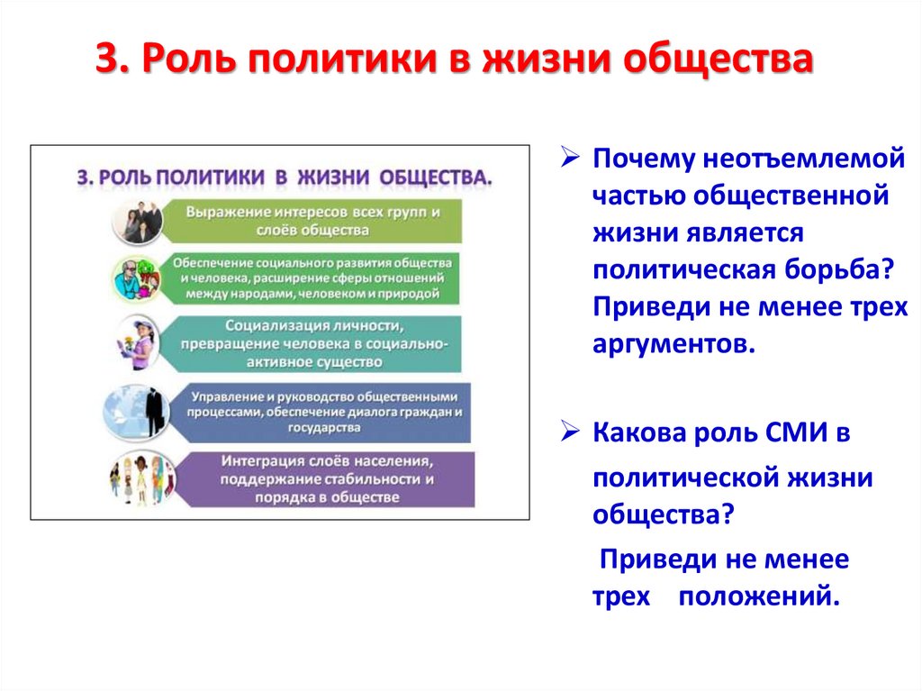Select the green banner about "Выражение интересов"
(315, 222)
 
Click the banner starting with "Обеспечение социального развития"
(315, 277)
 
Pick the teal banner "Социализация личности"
(315, 343)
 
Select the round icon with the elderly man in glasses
(137, 279)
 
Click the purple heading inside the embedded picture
(285, 177)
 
